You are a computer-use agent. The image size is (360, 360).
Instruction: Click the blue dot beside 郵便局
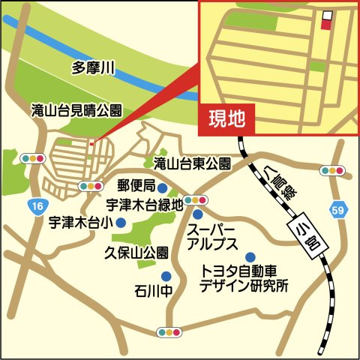[x=161, y=185]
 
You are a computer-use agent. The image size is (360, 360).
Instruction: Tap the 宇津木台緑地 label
[x=144, y=202]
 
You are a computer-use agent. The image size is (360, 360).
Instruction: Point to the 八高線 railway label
[x=279, y=184]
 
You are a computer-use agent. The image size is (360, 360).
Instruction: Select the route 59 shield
[x=338, y=211]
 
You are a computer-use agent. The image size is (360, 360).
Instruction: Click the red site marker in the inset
[x=325, y=23]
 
